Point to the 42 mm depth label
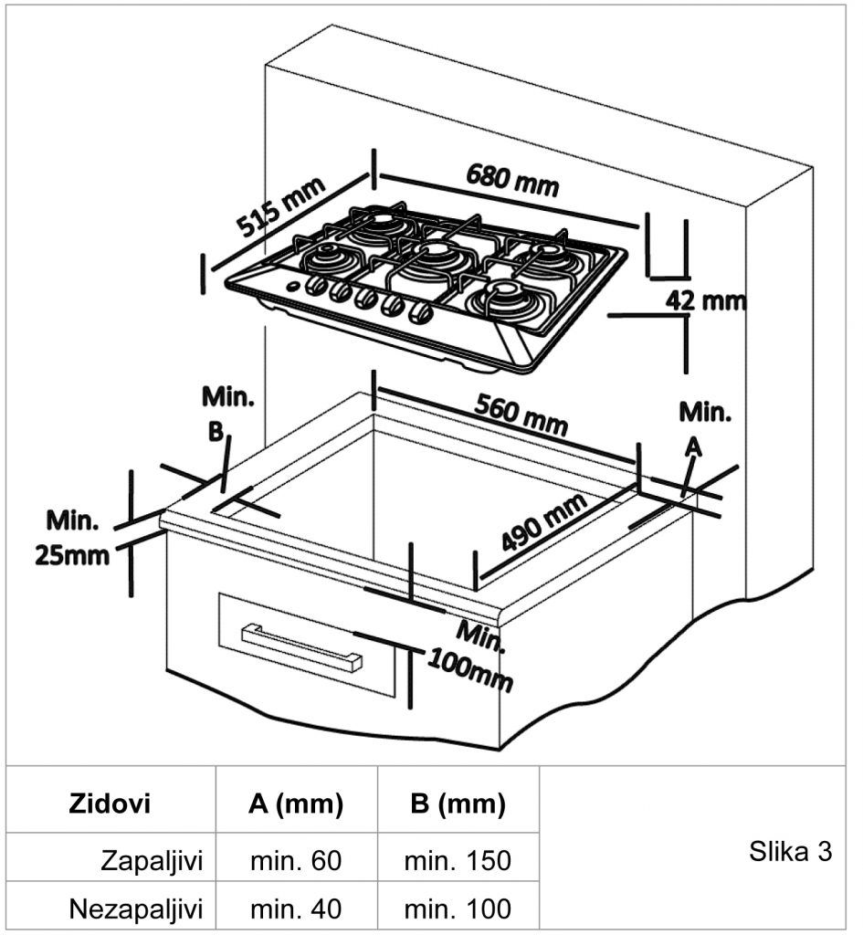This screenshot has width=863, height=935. [706, 299]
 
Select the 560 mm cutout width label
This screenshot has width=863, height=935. [521, 415]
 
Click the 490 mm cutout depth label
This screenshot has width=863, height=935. [544, 528]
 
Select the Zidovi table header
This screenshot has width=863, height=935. [110, 804]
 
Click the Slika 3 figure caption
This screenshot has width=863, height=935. [791, 852]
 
